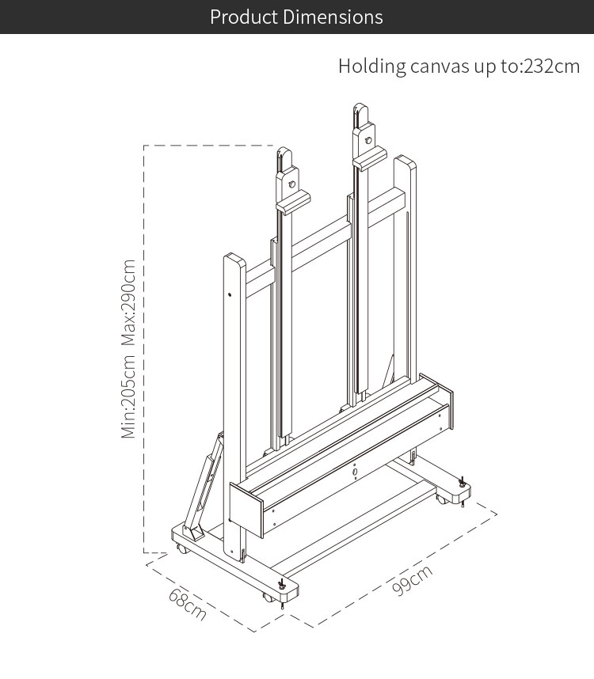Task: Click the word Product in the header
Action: (243, 17)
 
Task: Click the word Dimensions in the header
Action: (333, 17)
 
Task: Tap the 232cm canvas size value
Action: (551, 66)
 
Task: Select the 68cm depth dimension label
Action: (188, 604)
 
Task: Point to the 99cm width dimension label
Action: (412, 580)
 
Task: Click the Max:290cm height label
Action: (128, 302)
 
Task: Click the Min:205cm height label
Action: (128, 396)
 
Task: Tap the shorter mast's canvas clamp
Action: (293, 202)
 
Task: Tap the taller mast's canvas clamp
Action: (370, 158)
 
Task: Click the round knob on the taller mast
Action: (368, 140)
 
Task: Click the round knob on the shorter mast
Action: (292, 184)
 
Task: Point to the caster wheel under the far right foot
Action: (441, 499)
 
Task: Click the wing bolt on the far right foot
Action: (462, 482)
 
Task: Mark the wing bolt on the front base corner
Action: (282, 584)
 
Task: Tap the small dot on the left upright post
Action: (230, 295)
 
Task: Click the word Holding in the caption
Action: (372, 66)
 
